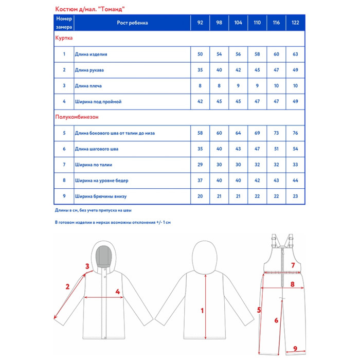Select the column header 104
(x=238, y=23)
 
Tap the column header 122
(x=295, y=23)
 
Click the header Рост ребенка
(x=132, y=23)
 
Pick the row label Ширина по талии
(x=94, y=165)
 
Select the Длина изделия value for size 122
(x=295, y=54)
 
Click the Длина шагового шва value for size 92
(x=200, y=149)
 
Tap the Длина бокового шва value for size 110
(x=257, y=133)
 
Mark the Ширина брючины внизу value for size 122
(x=295, y=196)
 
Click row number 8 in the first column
(x=64, y=181)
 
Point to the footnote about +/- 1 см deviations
(x=120, y=222)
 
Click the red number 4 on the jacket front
(x=118, y=292)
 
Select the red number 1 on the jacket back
(x=202, y=311)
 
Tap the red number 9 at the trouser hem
(x=295, y=349)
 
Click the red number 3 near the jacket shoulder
(x=87, y=266)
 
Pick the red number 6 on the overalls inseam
(x=276, y=320)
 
